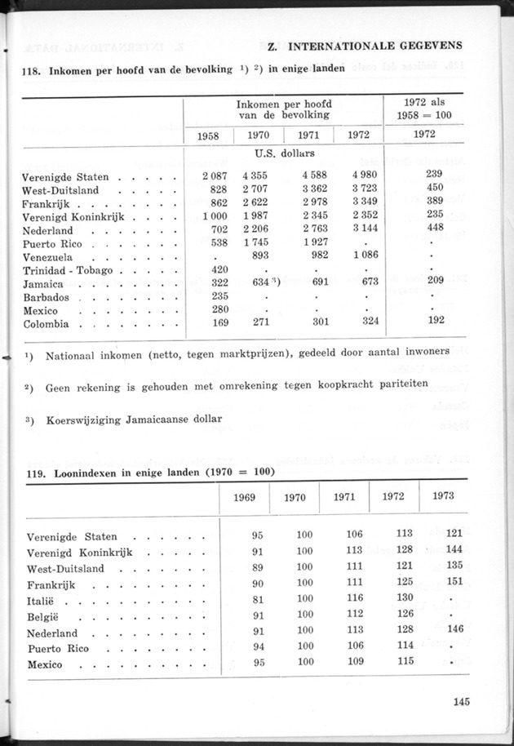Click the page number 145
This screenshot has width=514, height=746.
[x=458, y=699]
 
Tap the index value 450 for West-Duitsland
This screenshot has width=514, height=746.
[x=435, y=189]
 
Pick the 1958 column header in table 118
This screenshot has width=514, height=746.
[x=208, y=135]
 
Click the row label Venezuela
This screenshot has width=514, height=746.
[x=53, y=255]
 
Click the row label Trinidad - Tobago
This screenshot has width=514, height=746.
[x=73, y=269]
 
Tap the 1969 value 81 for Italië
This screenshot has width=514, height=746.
[x=257, y=598]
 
